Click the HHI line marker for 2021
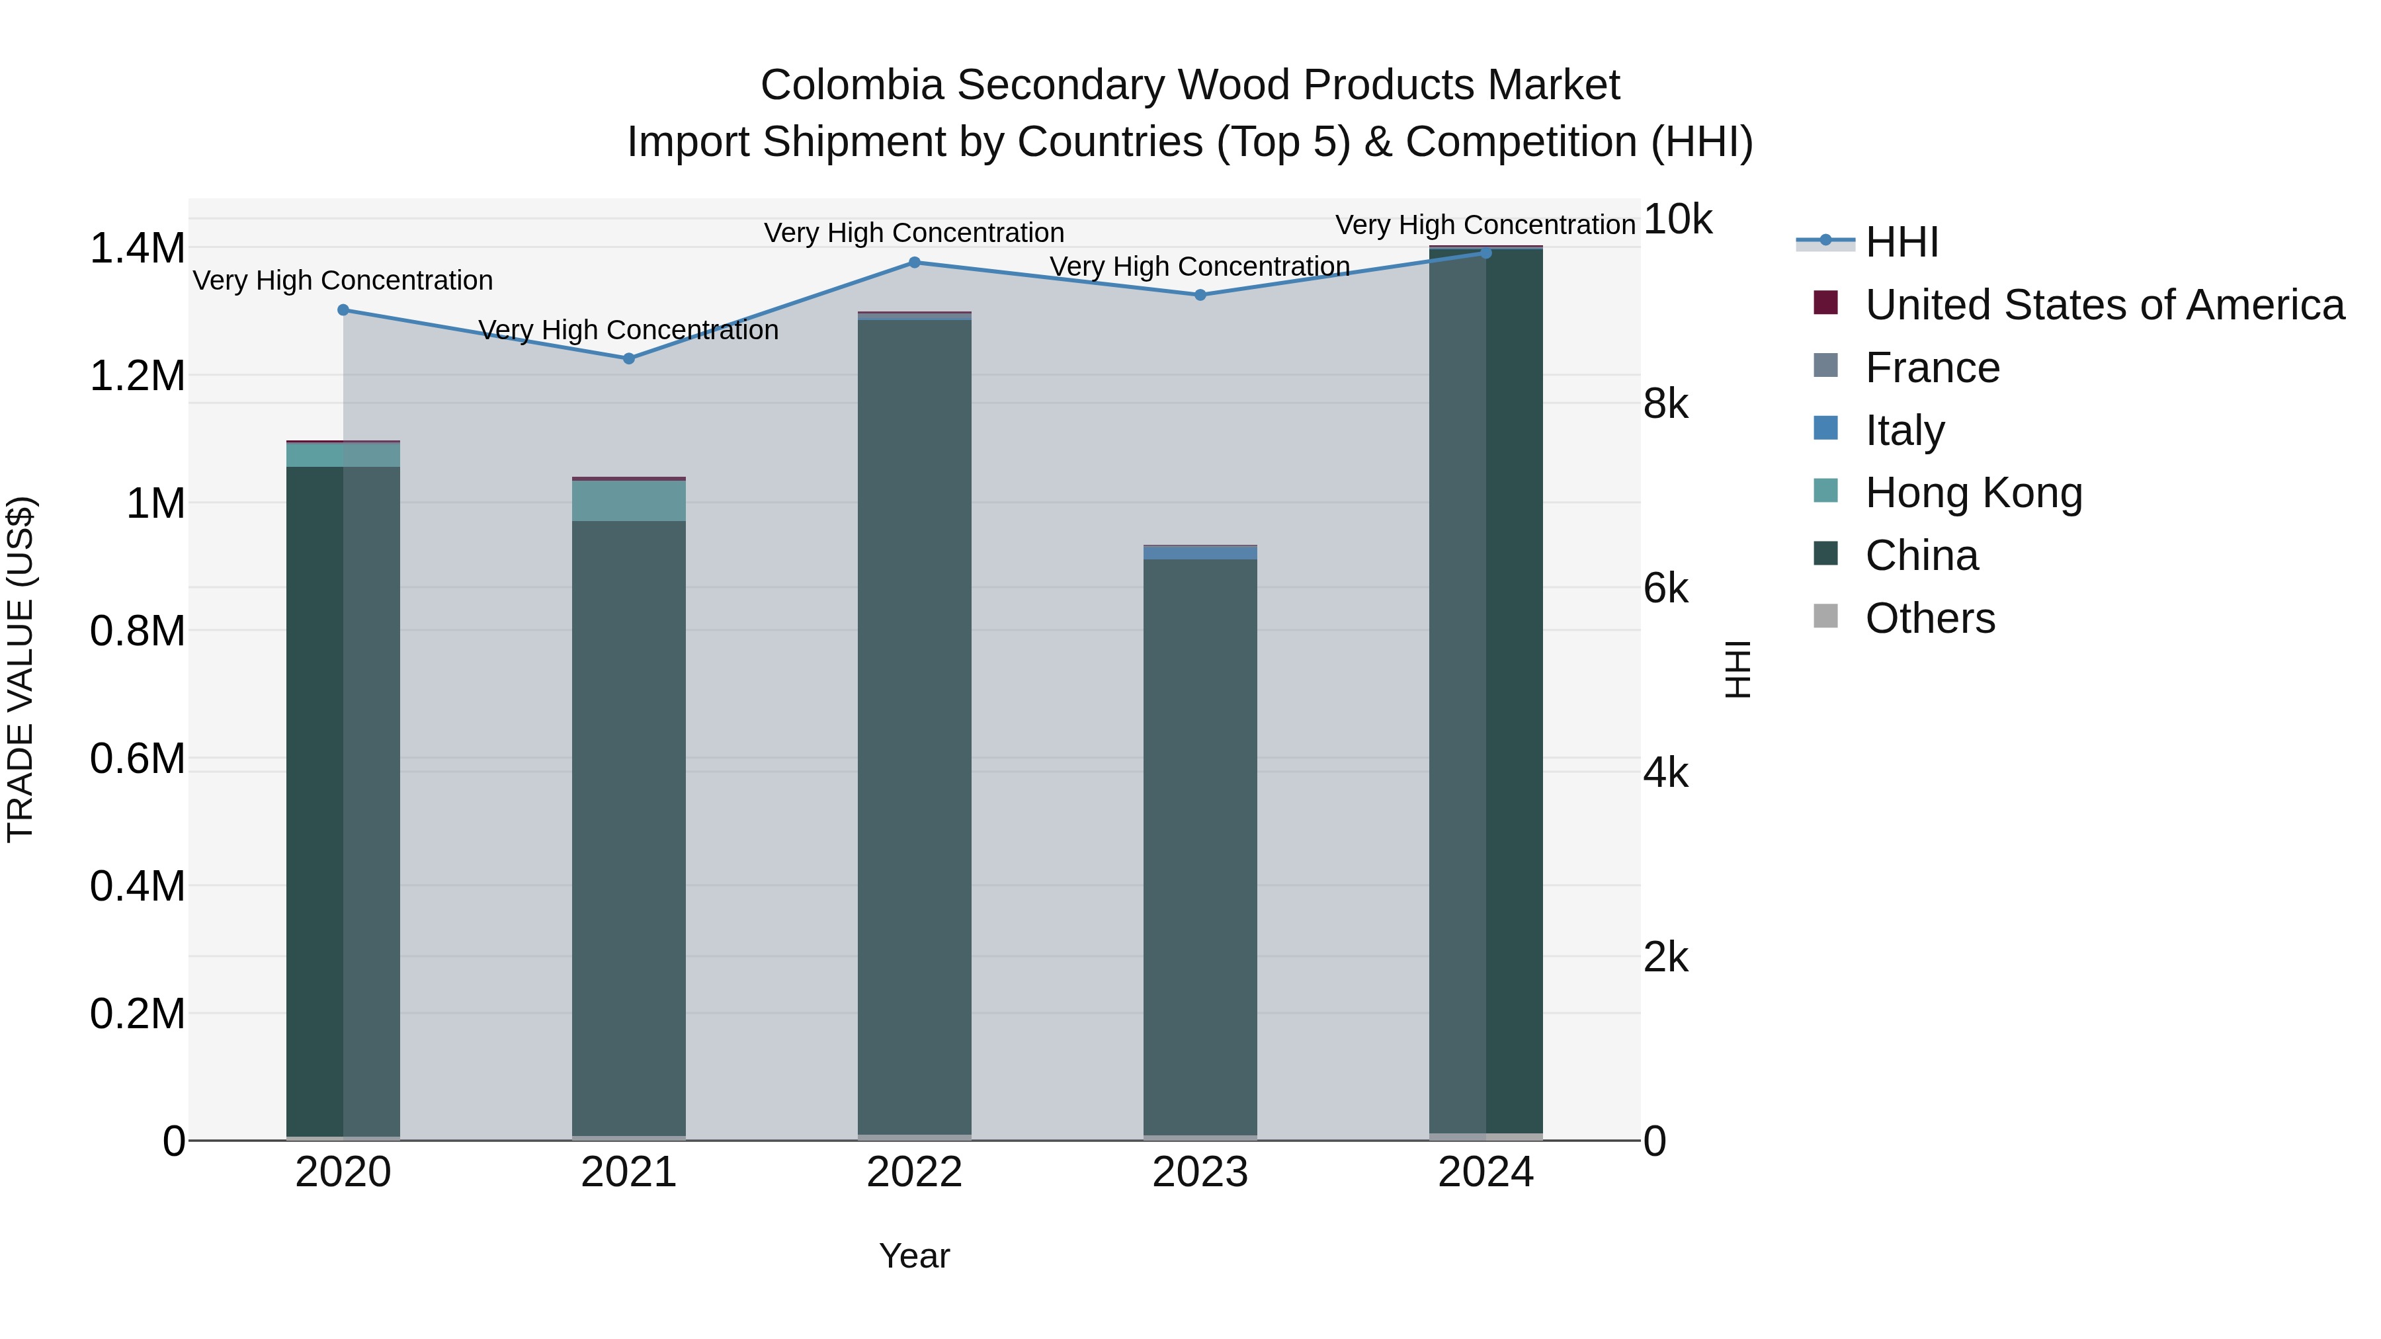click(628, 358)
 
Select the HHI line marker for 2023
click(1200, 295)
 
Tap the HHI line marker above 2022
click(914, 263)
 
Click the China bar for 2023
click(1200, 846)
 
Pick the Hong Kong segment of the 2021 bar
click(628, 501)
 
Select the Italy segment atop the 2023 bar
click(1200, 553)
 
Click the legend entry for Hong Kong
click(1974, 493)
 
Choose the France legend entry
click(1932, 368)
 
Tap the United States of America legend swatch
click(1825, 303)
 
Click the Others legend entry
click(1929, 618)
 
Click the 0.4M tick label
click(137, 886)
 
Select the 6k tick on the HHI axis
click(1665, 588)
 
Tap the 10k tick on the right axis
click(1677, 220)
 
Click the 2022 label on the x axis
click(914, 1172)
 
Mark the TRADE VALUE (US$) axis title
click(21, 669)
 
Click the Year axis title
click(914, 1256)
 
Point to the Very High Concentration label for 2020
click(343, 280)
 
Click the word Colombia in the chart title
click(851, 85)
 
